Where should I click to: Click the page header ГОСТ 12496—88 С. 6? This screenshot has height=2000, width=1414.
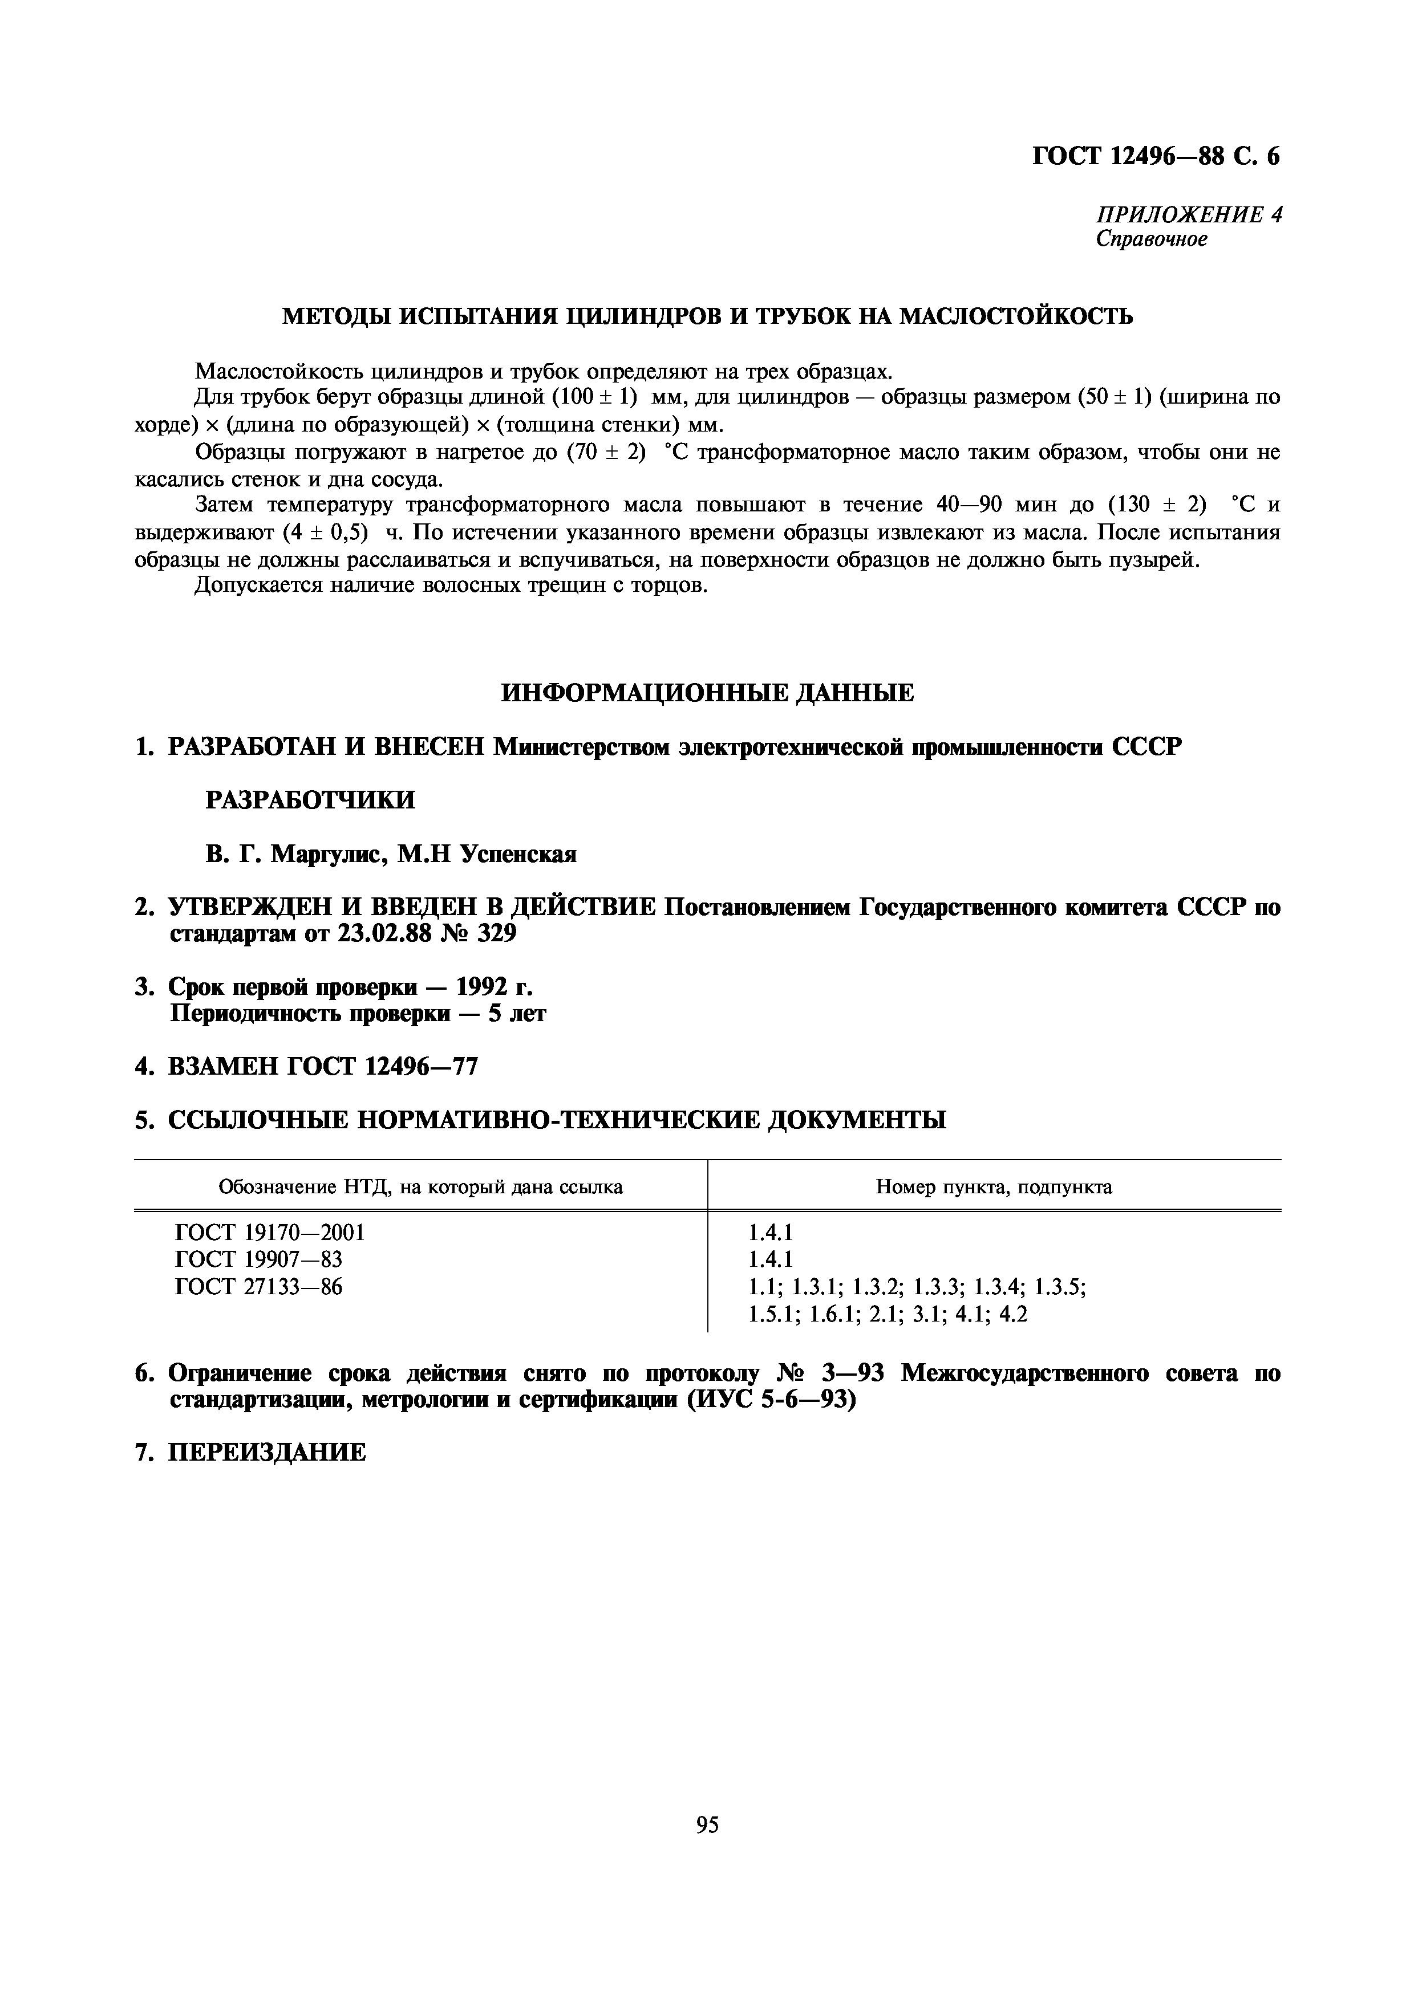tap(1155, 156)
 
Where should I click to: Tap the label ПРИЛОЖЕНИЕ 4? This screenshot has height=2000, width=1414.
tap(1188, 214)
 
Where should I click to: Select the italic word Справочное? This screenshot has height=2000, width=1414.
tap(1151, 239)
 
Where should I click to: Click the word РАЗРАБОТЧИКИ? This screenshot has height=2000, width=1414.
tap(310, 800)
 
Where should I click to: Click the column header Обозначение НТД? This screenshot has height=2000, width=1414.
tap(421, 1186)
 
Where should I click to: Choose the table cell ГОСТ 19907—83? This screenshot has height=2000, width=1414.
tap(259, 1259)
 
